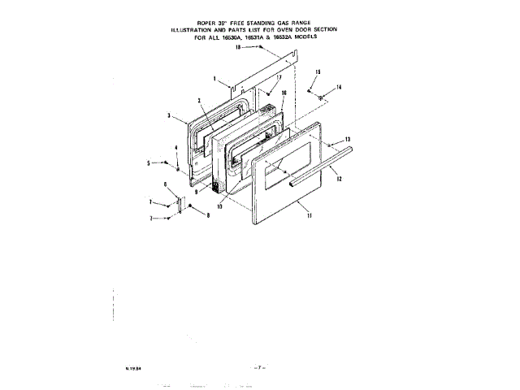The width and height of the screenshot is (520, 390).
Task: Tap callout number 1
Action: (x=214, y=79)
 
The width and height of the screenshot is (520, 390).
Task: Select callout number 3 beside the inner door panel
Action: (x=168, y=116)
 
